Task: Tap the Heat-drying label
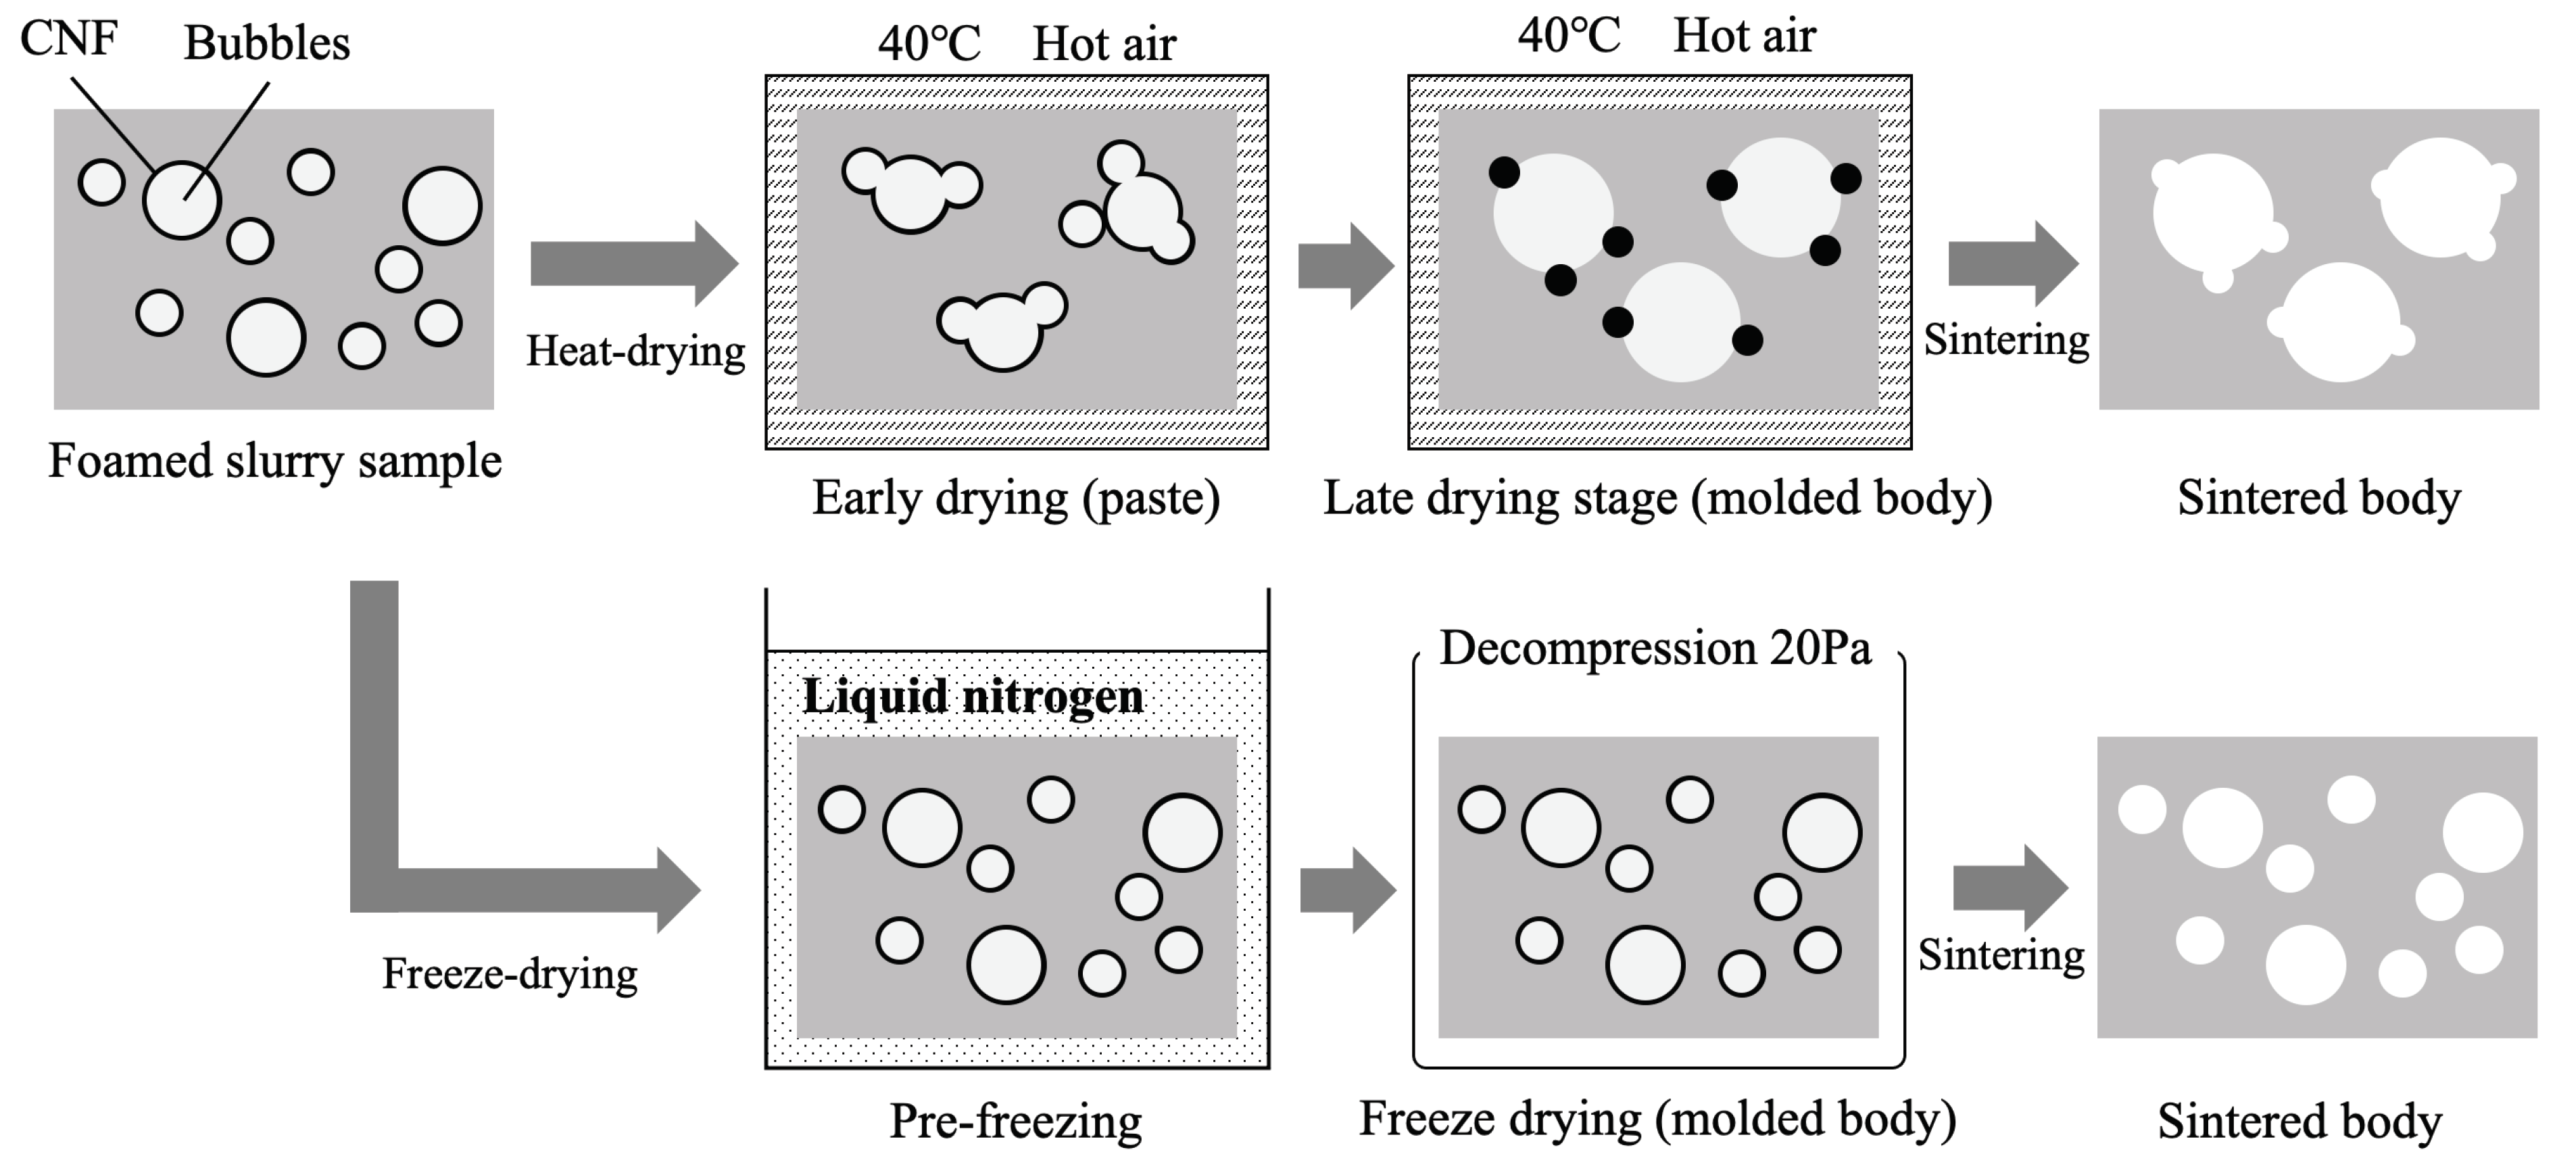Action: [x=635, y=351]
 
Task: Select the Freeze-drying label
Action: [x=510, y=974]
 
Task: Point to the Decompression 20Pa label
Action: [x=1655, y=649]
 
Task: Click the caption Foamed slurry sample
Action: [x=274, y=461]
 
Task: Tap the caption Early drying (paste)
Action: [x=1016, y=498]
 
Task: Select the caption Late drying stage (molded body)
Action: [x=1657, y=498]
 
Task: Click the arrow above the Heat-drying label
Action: [x=635, y=263]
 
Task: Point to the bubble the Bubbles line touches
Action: [x=182, y=199]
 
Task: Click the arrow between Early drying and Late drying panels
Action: [x=1346, y=266]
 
